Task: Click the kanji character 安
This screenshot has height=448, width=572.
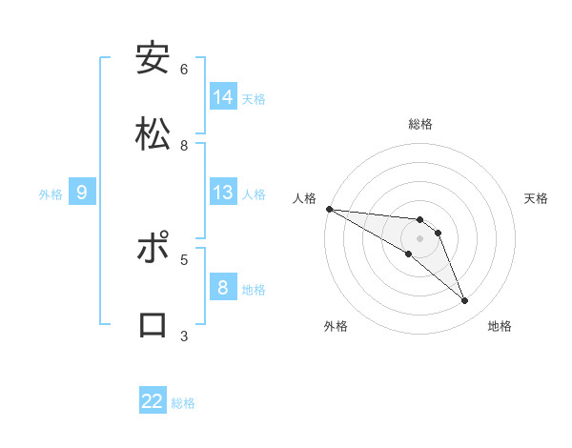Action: [153, 58]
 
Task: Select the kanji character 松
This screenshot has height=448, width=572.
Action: [153, 134]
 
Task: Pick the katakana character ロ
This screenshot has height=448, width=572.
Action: [153, 325]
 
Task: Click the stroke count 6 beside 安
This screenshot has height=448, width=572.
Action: [184, 69]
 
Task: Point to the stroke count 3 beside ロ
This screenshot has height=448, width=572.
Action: [184, 336]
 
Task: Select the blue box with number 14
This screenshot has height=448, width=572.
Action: [223, 97]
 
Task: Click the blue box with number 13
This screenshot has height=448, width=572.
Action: [223, 193]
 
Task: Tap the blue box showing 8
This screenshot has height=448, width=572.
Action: [223, 288]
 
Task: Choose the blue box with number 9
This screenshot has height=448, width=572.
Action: [82, 193]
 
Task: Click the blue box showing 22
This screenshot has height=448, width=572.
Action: [153, 401]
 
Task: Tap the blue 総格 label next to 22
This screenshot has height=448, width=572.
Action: [183, 403]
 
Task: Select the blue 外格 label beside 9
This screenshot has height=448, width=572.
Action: [51, 194]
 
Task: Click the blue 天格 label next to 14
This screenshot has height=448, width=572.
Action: [254, 99]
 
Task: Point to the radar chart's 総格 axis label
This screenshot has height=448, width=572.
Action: [420, 124]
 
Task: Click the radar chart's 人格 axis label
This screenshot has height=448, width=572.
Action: [304, 198]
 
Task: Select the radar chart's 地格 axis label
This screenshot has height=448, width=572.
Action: [500, 327]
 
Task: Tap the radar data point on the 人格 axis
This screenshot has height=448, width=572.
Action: [329, 209]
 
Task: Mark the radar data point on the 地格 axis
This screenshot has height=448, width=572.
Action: [464, 301]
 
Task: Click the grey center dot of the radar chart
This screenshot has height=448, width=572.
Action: [419, 238]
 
